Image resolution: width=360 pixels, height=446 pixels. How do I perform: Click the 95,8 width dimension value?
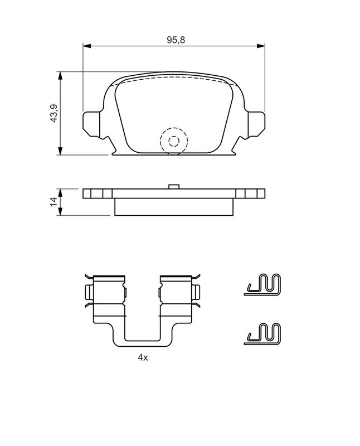(176, 40)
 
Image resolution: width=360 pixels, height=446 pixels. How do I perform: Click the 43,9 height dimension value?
(53, 113)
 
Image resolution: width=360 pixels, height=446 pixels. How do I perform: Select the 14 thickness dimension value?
(53, 202)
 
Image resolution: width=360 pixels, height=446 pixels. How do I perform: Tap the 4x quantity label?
(143, 357)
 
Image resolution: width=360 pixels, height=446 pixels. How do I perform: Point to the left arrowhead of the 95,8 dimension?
(87, 46)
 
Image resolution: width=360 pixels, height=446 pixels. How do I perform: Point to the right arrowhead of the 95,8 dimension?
(261, 46)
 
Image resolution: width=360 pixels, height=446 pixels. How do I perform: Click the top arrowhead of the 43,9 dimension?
(60, 76)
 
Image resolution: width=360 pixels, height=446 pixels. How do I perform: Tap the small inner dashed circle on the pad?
(174, 141)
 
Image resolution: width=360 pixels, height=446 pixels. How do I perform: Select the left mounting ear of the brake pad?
(91, 124)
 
